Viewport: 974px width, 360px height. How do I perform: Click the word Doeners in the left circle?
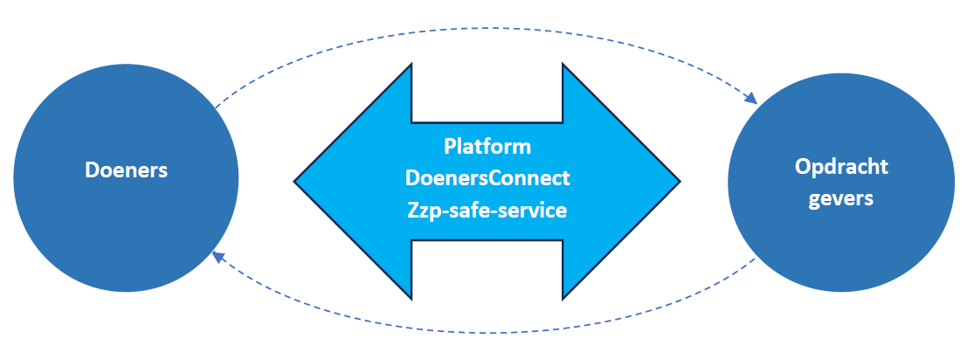click(126, 170)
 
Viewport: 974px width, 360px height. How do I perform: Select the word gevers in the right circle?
click(840, 198)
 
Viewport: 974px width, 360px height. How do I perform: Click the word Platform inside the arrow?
click(487, 145)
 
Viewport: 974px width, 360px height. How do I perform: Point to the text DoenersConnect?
click(487, 179)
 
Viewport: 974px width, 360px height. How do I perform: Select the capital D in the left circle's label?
click(91, 170)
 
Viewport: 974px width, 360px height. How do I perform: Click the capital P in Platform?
click(449, 145)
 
